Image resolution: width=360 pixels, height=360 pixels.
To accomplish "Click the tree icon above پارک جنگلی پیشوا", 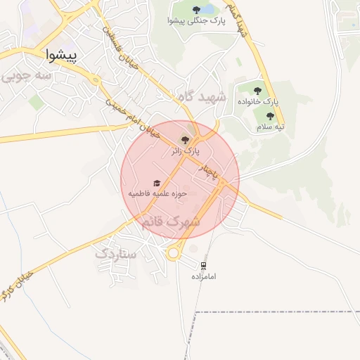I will point(196,10).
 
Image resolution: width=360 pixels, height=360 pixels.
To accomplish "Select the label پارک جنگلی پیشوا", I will point(197,21).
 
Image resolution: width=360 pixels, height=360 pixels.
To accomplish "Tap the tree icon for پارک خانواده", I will point(257,90).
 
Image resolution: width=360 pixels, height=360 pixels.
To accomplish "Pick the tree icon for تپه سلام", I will point(270,116).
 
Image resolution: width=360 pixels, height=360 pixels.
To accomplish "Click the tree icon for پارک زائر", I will point(185,139).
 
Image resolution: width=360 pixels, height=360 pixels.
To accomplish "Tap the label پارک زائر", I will point(185,151).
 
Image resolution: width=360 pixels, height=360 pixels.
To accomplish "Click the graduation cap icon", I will point(156,183).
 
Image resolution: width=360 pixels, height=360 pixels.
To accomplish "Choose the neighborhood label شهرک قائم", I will point(171,221).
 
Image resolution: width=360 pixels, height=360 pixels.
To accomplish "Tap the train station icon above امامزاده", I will point(203,265).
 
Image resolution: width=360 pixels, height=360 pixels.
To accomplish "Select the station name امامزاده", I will point(203,276).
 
